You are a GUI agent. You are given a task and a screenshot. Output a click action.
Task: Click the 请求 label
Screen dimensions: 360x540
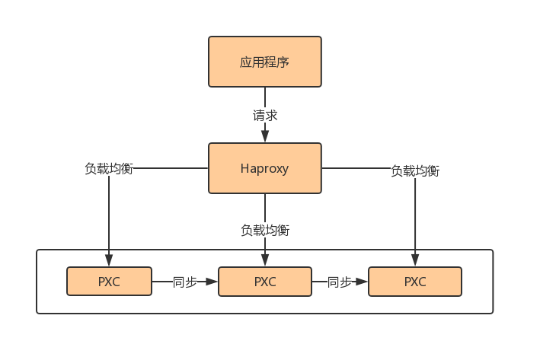[x=265, y=116]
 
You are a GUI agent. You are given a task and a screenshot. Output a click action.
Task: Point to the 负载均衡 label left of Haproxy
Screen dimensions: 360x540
[x=109, y=169]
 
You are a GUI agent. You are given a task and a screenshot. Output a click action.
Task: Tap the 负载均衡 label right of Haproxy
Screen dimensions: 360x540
[x=415, y=171]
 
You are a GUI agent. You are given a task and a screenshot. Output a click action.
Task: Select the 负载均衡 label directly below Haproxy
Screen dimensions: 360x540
[x=265, y=229]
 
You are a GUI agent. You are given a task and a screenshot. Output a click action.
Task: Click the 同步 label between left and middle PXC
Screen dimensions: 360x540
[x=185, y=282]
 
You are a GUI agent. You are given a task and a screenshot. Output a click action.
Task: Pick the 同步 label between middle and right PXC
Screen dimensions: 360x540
[x=340, y=282]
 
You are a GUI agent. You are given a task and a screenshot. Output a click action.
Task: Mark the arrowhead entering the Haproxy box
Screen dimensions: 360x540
[x=265, y=136]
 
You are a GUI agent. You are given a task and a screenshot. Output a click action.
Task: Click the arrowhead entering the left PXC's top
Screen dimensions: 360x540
[x=109, y=261]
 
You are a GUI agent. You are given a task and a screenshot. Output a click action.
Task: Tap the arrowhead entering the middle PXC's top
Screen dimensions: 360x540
[x=265, y=261]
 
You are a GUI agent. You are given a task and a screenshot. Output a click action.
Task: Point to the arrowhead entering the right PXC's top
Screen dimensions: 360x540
[x=415, y=261]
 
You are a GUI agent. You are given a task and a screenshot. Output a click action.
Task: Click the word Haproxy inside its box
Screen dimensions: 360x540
[x=265, y=169]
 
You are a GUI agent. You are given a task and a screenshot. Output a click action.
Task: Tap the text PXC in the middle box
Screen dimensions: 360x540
[x=265, y=282]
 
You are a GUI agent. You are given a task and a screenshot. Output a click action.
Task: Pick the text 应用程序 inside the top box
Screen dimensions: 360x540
[x=265, y=62]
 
